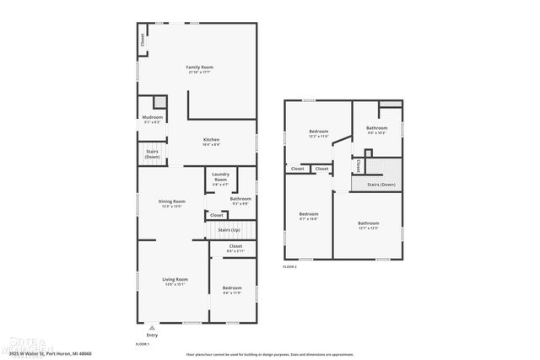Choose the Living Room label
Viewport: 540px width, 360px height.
click(175, 281)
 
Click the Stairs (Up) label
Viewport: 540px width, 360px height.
click(229, 229)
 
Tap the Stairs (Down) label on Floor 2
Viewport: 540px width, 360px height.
click(381, 184)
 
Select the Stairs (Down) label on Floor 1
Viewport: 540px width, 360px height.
click(152, 154)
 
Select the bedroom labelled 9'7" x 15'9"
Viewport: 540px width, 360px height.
click(309, 216)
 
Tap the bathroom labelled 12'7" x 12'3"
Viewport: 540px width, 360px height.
click(368, 225)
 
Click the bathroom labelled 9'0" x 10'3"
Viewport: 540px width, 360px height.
click(376, 130)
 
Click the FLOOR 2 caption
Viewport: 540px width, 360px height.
click(290, 266)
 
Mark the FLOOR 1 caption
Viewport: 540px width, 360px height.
click(143, 344)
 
